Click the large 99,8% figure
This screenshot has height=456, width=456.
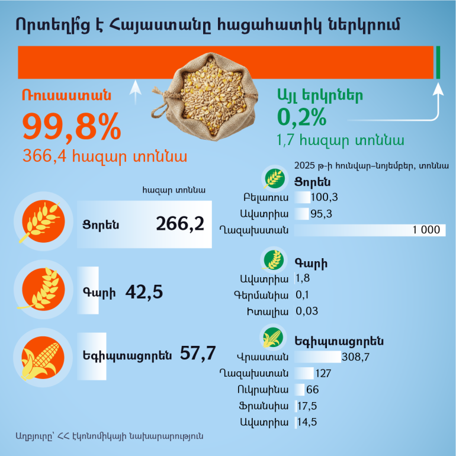[x=72, y=127]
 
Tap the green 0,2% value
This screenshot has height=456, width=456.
[x=301, y=117]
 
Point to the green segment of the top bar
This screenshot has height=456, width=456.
[x=438, y=62]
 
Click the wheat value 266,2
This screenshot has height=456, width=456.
[x=180, y=224]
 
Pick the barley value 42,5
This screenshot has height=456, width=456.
[x=144, y=292]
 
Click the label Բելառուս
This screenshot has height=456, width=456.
[x=266, y=197]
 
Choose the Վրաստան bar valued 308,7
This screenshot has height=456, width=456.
[x=317, y=357]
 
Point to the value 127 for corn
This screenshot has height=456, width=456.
[x=323, y=373]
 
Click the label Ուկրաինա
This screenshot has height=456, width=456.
[x=265, y=390]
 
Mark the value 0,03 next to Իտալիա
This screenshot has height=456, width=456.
[x=307, y=311]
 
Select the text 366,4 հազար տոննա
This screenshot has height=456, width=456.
[x=105, y=156]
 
